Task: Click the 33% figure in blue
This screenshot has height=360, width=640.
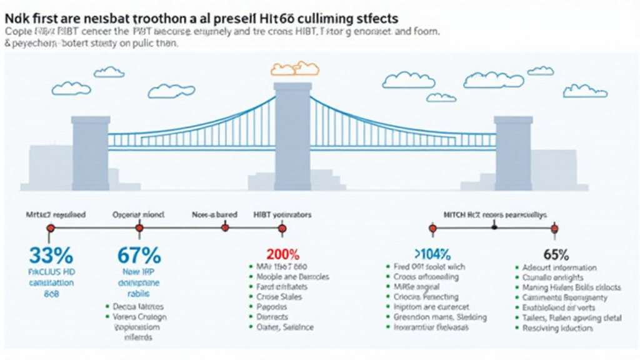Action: click(x=51, y=255)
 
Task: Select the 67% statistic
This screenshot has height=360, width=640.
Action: click(x=139, y=255)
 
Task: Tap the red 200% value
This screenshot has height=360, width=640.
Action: click(x=282, y=254)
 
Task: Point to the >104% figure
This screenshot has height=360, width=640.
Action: click(x=431, y=254)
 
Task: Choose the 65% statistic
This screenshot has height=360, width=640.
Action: click(x=556, y=254)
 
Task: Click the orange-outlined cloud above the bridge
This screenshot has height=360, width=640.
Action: click(x=294, y=68)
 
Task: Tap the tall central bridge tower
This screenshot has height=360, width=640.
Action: click(x=292, y=134)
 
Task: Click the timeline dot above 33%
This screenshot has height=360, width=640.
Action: click(x=51, y=229)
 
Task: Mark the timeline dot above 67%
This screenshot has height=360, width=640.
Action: click(x=139, y=229)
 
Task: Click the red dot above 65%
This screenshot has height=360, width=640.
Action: click(x=554, y=229)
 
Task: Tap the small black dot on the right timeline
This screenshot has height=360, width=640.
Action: click(x=494, y=227)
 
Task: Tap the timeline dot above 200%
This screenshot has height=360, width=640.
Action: click(x=282, y=229)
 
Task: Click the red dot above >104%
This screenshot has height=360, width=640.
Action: click(x=432, y=229)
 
